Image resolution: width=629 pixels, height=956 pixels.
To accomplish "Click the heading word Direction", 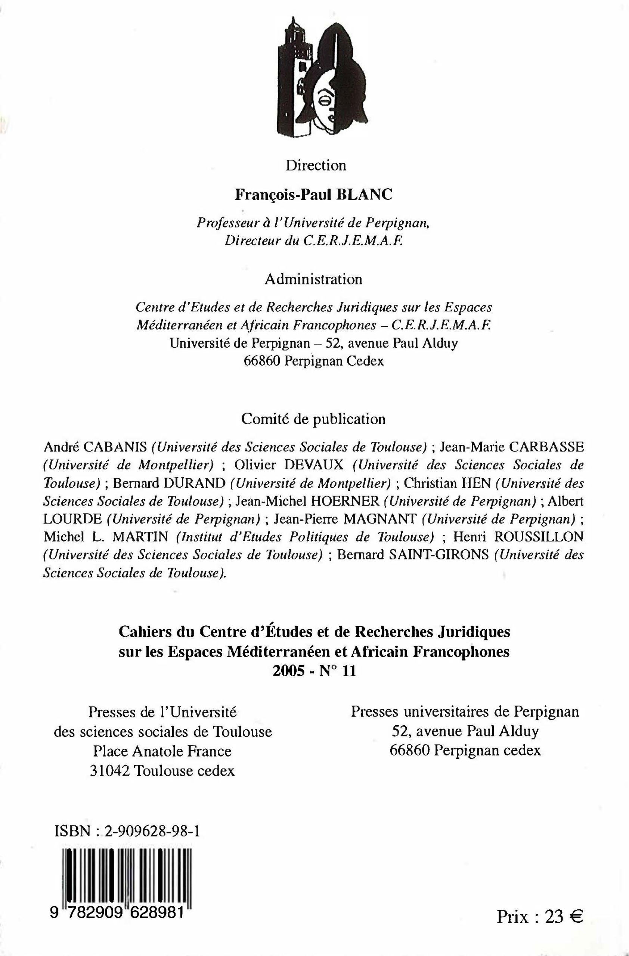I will pos(316,165).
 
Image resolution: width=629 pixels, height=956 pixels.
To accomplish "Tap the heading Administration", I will pos(313,279).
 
